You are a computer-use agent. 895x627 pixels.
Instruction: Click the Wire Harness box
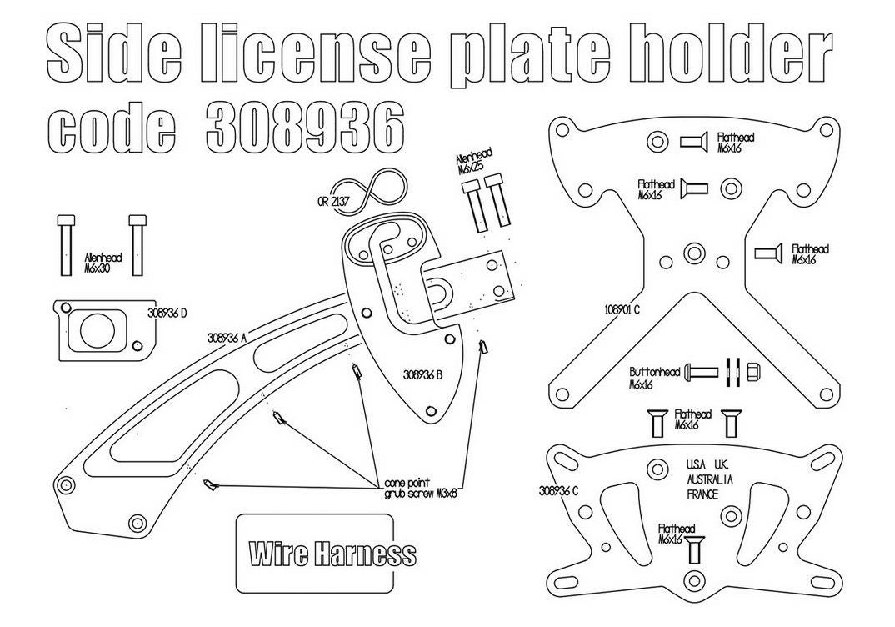coord(314,553)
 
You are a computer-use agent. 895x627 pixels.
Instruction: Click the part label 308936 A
coord(227,338)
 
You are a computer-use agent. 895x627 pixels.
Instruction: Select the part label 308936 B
coord(423,375)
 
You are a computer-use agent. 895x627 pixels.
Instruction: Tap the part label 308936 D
coord(167,313)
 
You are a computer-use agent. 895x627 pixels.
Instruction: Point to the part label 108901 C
coord(622,310)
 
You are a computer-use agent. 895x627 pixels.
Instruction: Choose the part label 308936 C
coord(559,490)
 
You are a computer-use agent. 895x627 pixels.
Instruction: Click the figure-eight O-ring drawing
coord(370,190)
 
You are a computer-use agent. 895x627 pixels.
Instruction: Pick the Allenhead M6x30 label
coord(102,263)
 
